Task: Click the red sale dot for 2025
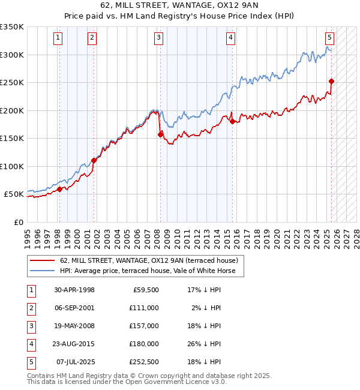[331, 81]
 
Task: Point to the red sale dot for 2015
[232, 121]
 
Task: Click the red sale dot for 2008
[160, 134]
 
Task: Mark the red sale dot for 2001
[94, 160]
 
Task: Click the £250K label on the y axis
[12, 82]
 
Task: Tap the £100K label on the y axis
[12, 166]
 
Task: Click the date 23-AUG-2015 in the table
[74, 344]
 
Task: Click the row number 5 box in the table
[31, 362]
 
